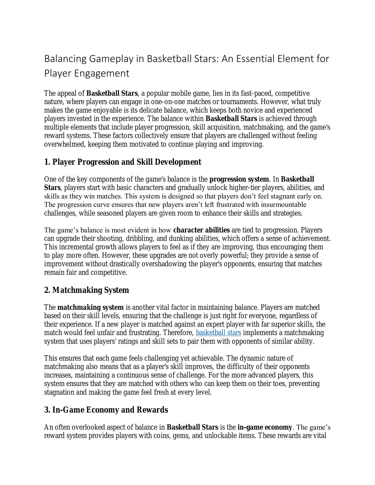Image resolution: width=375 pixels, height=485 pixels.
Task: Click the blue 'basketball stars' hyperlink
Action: pos(218,333)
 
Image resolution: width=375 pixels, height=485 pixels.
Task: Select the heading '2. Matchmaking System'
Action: pos(86,290)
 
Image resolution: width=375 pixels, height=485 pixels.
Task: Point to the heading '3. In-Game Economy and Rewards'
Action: pos(106,410)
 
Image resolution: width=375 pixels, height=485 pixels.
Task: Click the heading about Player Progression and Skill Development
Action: pos(123,162)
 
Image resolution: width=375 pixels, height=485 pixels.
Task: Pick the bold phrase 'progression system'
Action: pos(239,179)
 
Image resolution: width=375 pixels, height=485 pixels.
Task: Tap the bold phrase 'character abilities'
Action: pos(201,230)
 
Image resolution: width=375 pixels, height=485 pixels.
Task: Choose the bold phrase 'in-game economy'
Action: pos(264,427)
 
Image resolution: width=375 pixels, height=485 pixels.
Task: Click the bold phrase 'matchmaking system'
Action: pos(90,307)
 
